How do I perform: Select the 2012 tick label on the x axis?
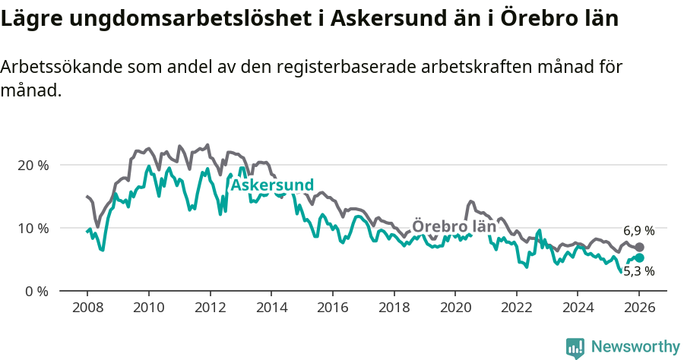click(209, 309)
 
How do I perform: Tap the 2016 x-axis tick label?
click(332, 309)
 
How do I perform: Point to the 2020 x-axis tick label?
click(454, 309)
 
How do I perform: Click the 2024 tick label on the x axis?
click(577, 309)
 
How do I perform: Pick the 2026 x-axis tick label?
click(638, 309)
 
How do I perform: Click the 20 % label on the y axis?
click(32, 165)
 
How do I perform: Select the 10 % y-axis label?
click(32, 228)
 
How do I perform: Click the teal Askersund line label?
click(272, 185)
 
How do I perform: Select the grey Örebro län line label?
click(454, 227)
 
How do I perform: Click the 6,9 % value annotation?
click(639, 231)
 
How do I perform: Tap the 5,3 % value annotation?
click(639, 270)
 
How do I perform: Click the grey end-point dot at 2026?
click(639, 248)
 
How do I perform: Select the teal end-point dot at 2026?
click(639, 257)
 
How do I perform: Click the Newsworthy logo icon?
click(575, 347)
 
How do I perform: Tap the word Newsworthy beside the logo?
click(635, 347)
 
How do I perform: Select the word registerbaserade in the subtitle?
click(356, 67)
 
